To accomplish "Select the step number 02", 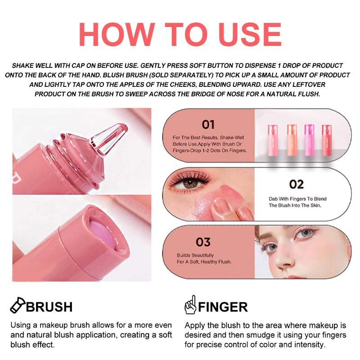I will point(296,184).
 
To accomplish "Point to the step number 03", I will point(203,243).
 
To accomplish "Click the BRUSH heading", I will point(49,307).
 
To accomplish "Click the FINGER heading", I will point(223,307).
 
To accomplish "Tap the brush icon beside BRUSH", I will point(17,306).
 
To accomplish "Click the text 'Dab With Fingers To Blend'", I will point(297,198).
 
